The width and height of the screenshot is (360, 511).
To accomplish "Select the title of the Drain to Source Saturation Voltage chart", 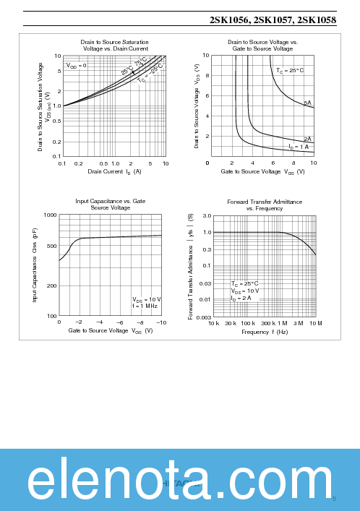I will click(x=114, y=46).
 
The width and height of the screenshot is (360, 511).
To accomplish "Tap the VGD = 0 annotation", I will click(x=77, y=66).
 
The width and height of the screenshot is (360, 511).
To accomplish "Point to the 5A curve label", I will click(x=307, y=103).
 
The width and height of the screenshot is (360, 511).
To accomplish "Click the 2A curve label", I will click(x=307, y=139).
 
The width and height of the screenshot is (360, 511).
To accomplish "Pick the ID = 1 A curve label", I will click(x=299, y=147).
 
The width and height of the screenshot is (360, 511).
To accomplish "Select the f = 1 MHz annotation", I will click(x=145, y=306).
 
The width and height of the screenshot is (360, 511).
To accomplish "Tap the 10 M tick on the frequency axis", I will click(x=315, y=323).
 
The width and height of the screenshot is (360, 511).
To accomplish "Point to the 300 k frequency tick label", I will click(x=267, y=323).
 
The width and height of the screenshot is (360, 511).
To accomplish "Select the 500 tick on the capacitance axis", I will click(x=51, y=246).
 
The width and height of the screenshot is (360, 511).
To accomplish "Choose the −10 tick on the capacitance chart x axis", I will click(x=160, y=322).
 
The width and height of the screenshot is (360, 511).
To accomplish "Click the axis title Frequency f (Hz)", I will click(x=265, y=332).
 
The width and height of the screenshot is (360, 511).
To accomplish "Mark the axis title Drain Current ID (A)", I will click(x=114, y=171).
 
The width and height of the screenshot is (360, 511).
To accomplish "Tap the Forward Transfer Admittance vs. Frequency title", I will click(x=265, y=205).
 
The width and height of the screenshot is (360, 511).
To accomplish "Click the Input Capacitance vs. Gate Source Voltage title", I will click(x=110, y=205).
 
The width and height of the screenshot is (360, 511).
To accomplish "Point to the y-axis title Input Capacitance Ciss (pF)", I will click(x=35, y=265).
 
